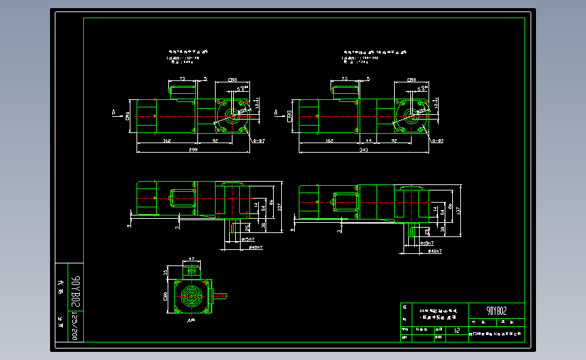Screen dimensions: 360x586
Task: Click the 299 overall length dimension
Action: (193, 149)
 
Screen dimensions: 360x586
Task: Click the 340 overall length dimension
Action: (364, 149)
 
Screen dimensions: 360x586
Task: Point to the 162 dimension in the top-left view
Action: (166, 140)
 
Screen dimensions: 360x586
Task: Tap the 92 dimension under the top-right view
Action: (394, 140)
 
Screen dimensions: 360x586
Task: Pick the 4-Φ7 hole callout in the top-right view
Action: (437, 141)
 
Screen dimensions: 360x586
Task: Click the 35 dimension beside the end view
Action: (166, 272)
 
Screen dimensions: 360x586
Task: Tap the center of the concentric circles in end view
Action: (191, 296)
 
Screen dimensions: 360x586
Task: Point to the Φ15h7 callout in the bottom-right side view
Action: (426, 241)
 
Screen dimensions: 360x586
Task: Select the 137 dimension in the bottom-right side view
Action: (458, 211)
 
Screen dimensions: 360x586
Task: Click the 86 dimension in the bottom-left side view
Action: (270, 201)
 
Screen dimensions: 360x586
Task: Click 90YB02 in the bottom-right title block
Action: (496, 311)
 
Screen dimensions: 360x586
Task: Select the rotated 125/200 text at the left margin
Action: (76, 326)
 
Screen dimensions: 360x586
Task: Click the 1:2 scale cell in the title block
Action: (457, 331)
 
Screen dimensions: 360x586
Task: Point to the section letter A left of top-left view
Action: (114, 111)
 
